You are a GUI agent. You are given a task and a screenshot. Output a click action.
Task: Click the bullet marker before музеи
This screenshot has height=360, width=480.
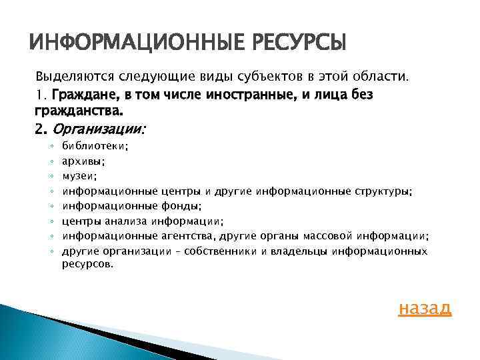[51, 176]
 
